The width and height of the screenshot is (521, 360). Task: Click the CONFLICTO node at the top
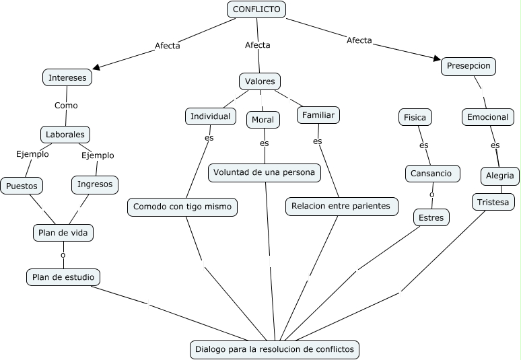pos(256,9)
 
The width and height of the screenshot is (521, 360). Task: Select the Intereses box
pos(67,77)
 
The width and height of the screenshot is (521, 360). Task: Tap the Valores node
pos(260,81)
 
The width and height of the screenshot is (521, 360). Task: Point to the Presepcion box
pos(469,67)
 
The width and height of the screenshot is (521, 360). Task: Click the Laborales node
pos(65,134)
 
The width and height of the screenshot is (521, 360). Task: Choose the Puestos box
pos(22,186)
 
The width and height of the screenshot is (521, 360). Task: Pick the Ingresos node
pos(95,184)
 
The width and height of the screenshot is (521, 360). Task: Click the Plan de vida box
pos(63,233)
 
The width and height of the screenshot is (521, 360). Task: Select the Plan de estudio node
pos(63,277)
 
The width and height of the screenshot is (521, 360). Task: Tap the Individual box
pos(211,116)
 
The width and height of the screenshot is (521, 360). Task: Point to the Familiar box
pos(318,115)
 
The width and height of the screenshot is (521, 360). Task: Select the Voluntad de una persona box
pos(265,172)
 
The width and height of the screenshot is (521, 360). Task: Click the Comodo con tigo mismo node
pos(182,207)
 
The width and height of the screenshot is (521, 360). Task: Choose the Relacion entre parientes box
pos(343,206)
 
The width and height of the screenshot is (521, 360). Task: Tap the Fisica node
pos(415,117)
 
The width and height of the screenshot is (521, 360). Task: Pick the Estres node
pos(431,217)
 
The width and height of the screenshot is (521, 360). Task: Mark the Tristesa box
pos(494,201)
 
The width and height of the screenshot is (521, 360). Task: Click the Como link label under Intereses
pos(66,106)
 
